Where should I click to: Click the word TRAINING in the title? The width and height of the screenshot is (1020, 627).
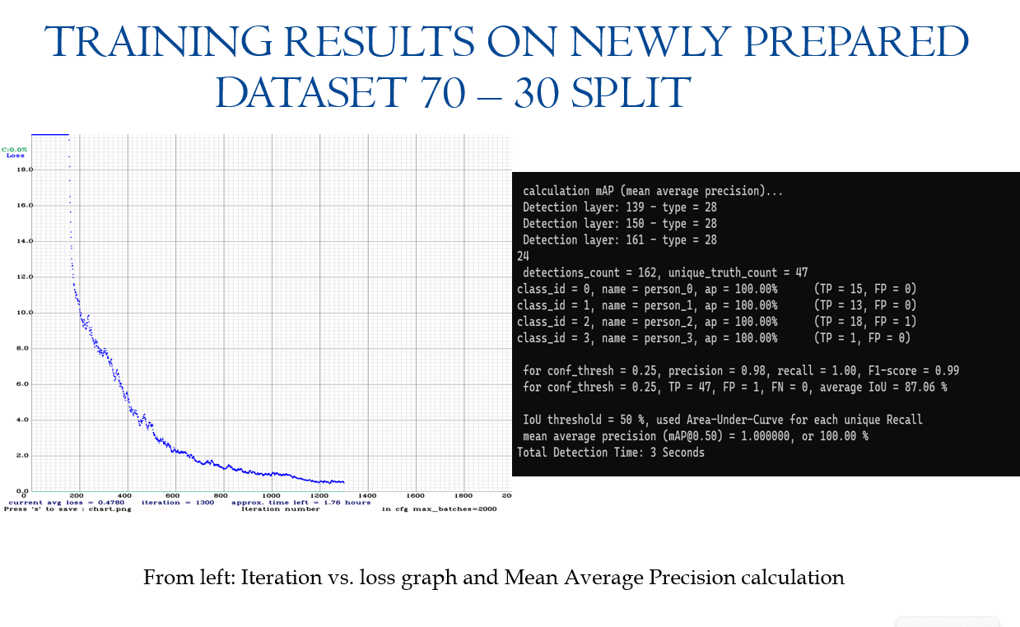(x=156, y=43)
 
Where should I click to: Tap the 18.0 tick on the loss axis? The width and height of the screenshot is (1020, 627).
(x=24, y=170)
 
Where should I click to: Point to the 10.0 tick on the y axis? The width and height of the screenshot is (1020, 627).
(x=24, y=313)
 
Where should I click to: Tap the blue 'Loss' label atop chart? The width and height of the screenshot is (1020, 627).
(x=15, y=156)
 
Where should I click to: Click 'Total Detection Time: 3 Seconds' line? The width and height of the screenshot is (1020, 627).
(x=611, y=453)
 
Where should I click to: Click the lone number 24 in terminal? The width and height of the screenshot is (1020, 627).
(x=523, y=257)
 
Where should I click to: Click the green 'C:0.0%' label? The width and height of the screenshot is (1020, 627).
(x=15, y=149)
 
